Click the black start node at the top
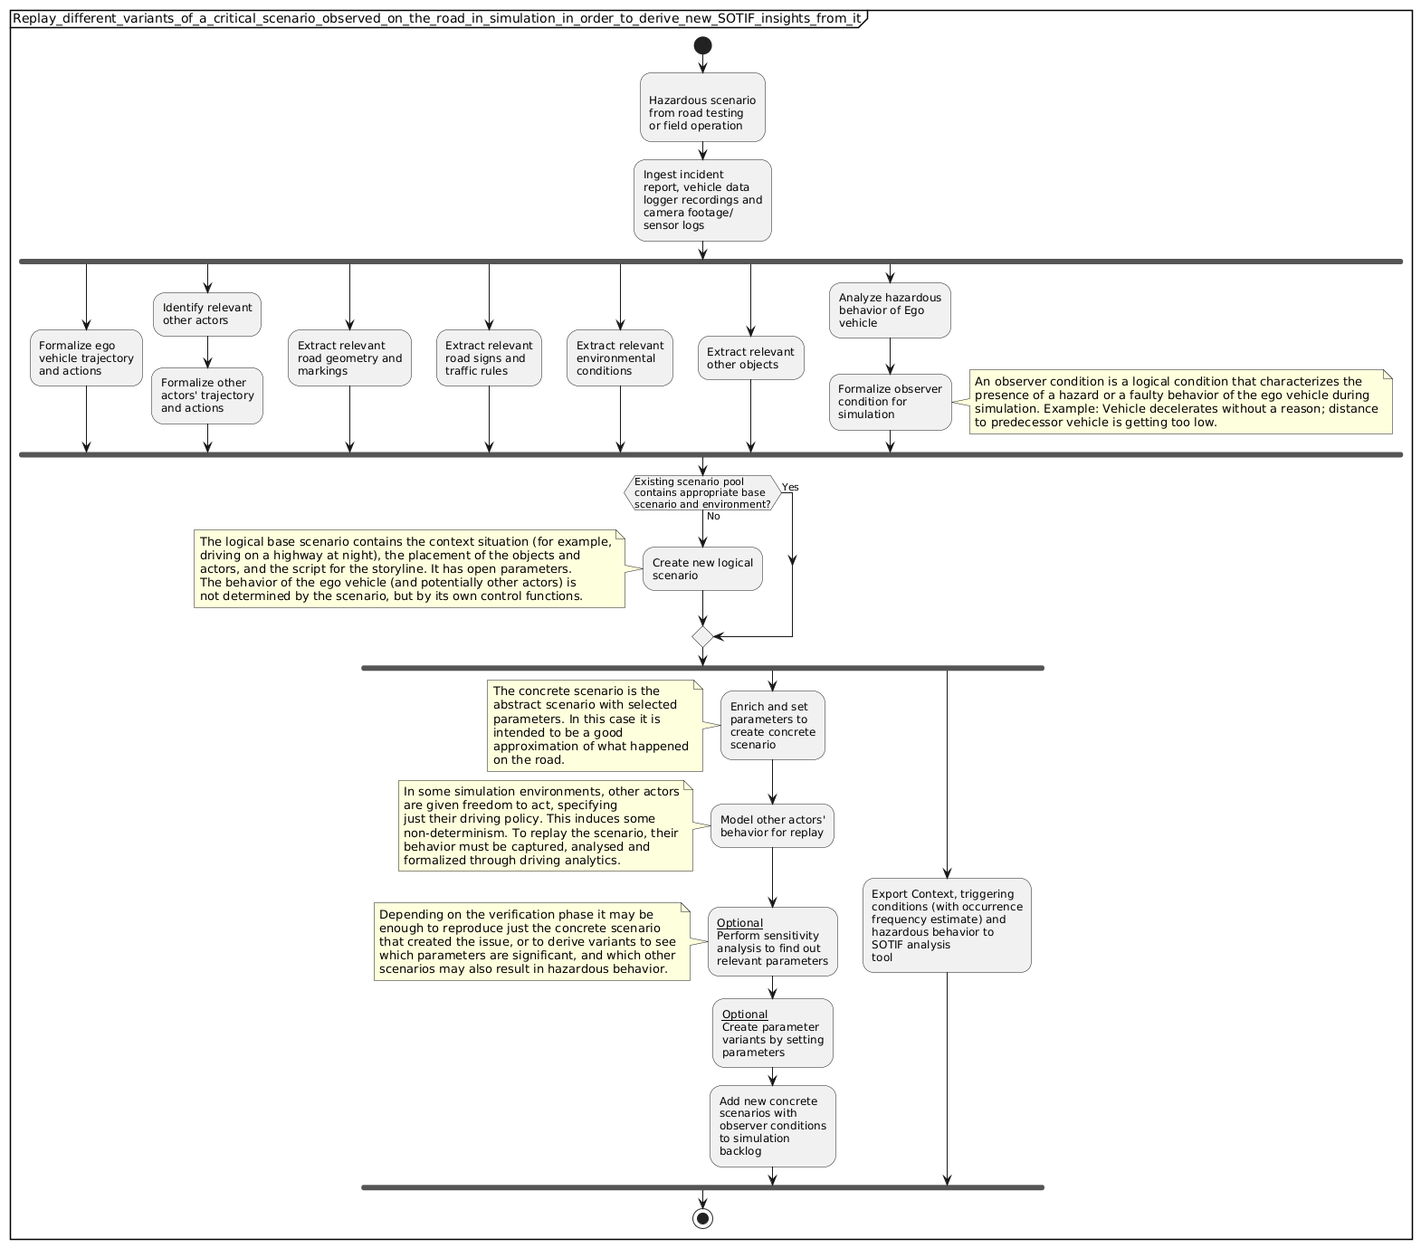[x=702, y=45]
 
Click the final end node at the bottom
[x=702, y=1217]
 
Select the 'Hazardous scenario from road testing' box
[x=702, y=107]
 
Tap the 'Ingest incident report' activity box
[x=702, y=200]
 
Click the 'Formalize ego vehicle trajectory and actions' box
[x=86, y=357]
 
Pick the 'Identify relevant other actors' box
[x=207, y=314]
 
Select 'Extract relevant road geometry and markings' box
[x=349, y=357]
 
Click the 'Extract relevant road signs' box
[x=489, y=357]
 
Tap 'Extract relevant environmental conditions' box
[x=620, y=357]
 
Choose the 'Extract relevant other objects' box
[x=750, y=358]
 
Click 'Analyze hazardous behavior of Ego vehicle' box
[x=890, y=310]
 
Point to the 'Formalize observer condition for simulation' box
[x=890, y=402]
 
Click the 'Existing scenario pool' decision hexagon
[x=701, y=492]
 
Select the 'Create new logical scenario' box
[x=702, y=568]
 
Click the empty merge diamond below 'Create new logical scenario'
[x=702, y=637]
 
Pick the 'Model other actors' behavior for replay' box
[x=772, y=825]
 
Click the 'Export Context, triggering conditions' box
[x=947, y=925]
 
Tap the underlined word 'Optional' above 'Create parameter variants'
[x=745, y=1014]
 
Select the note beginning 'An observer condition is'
[x=1180, y=402]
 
